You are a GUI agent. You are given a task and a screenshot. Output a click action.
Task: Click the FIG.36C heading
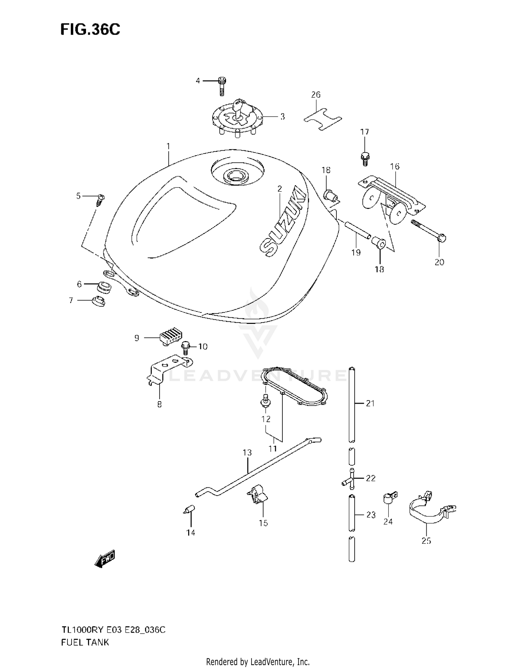click(x=90, y=30)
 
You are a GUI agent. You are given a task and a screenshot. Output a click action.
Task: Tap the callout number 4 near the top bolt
click(x=198, y=81)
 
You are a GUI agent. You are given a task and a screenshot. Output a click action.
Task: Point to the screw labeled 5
click(x=100, y=200)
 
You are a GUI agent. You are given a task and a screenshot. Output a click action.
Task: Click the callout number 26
click(x=315, y=95)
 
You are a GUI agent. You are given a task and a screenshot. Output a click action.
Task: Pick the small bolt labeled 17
click(x=365, y=159)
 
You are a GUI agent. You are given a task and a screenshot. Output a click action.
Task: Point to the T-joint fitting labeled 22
click(x=348, y=479)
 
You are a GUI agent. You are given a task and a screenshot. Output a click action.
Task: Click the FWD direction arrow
click(x=105, y=559)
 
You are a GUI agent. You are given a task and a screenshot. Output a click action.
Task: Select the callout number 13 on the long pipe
click(x=247, y=453)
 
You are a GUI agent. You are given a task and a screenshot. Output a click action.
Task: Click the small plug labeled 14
click(x=189, y=509)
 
